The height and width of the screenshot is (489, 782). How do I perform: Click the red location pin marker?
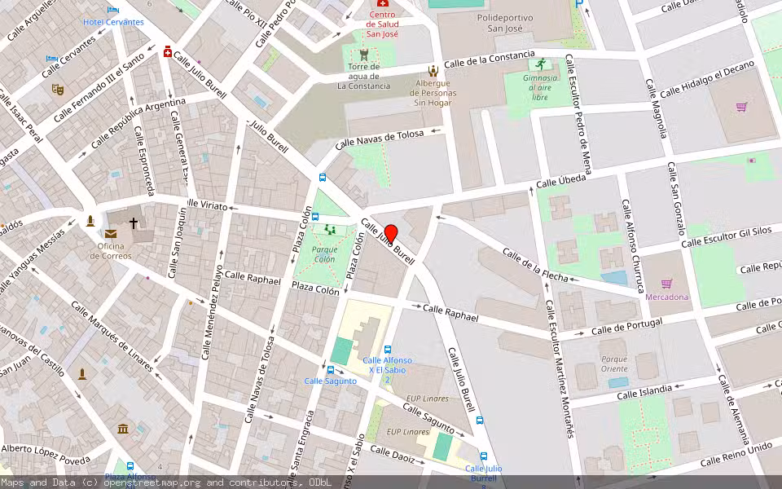click(x=390, y=233)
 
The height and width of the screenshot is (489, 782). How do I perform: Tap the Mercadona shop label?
click(x=666, y=297)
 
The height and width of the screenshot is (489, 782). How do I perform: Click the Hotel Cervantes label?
click(x=113, y=22)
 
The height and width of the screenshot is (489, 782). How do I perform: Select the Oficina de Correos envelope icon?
click(x=110, y=234)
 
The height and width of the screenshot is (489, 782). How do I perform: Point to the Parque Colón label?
click(x=324, y=254)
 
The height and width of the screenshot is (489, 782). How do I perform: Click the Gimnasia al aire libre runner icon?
click(x=538, y=64)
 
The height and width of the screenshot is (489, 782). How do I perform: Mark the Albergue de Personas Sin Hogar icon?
click(x=433, y=71)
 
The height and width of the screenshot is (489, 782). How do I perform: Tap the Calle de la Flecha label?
click(x=535, y=266)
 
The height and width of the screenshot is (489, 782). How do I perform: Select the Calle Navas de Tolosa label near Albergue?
click(x=380, y=139)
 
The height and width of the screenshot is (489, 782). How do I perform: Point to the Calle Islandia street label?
click(x=644, y=391)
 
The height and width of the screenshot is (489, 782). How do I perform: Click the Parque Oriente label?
click(x=614, y=363)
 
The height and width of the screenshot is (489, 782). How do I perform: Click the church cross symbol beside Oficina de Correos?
click(x=134, y=222)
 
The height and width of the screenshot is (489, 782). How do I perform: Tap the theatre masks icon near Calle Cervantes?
click(x=57, y=89)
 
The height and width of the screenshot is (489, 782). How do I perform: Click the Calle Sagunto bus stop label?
click(x=330, y=381)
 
